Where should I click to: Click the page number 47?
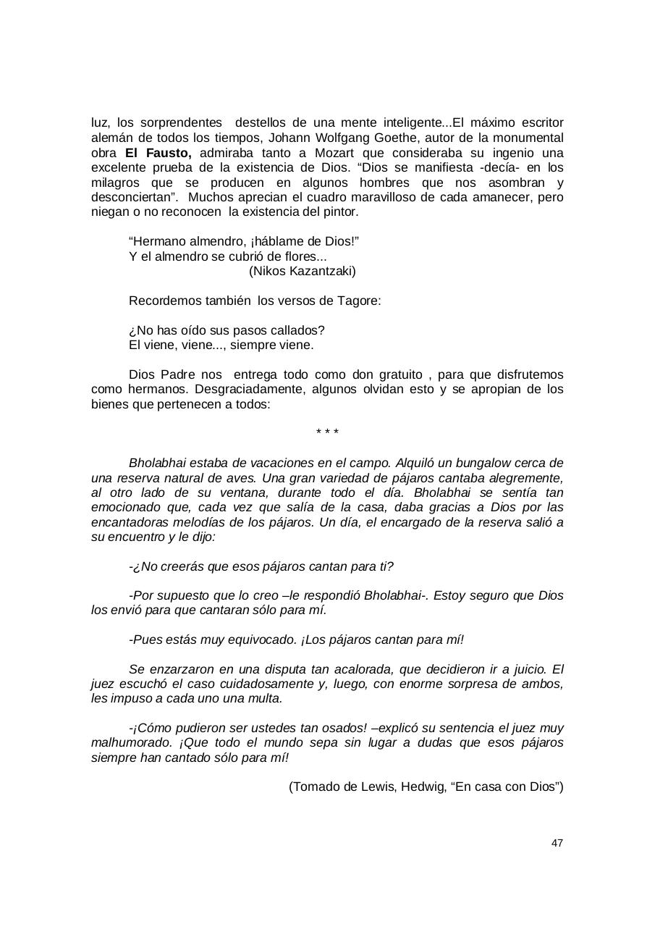[x=557, y=843]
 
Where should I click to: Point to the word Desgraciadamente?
[x=243, y=390]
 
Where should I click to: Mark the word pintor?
[x=339, y=212]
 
